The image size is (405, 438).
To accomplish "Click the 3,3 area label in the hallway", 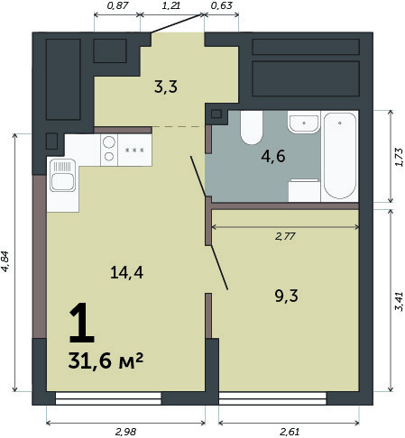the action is (x=166, y=87).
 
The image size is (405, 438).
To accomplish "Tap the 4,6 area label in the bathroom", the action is (x=273, y=157).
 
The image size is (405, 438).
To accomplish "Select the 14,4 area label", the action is (x=126, y=273).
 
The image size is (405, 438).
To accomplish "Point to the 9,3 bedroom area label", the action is (x=286, y=296).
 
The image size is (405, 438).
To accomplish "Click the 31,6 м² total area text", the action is (x=106, y=360).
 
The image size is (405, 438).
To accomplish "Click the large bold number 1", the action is (x=82, y=323).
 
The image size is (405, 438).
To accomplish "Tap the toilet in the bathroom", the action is (x=252, y=127).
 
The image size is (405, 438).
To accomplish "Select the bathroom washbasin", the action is (x=304, y=122).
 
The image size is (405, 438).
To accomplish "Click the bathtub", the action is (x=340, y=156).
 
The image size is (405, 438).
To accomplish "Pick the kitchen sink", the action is (x=62, y=175).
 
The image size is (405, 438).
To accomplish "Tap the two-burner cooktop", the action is (x=109, y=150).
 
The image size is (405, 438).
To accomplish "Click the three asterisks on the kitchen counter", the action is (x=134, y=150).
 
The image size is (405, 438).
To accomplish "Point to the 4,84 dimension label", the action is (x=6, y=261).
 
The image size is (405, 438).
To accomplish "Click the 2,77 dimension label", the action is (x=285, y=236).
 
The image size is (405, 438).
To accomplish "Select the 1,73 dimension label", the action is (x=399, y=157).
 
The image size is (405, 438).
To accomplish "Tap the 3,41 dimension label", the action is (x=399, y=301).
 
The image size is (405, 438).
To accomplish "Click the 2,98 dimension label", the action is (x=126, y=432).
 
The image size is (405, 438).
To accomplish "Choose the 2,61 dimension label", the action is (x=290, y=432).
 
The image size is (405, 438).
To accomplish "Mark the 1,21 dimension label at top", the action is (x=171, y=5).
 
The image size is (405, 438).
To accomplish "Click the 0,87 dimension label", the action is (x=118, y=5).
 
